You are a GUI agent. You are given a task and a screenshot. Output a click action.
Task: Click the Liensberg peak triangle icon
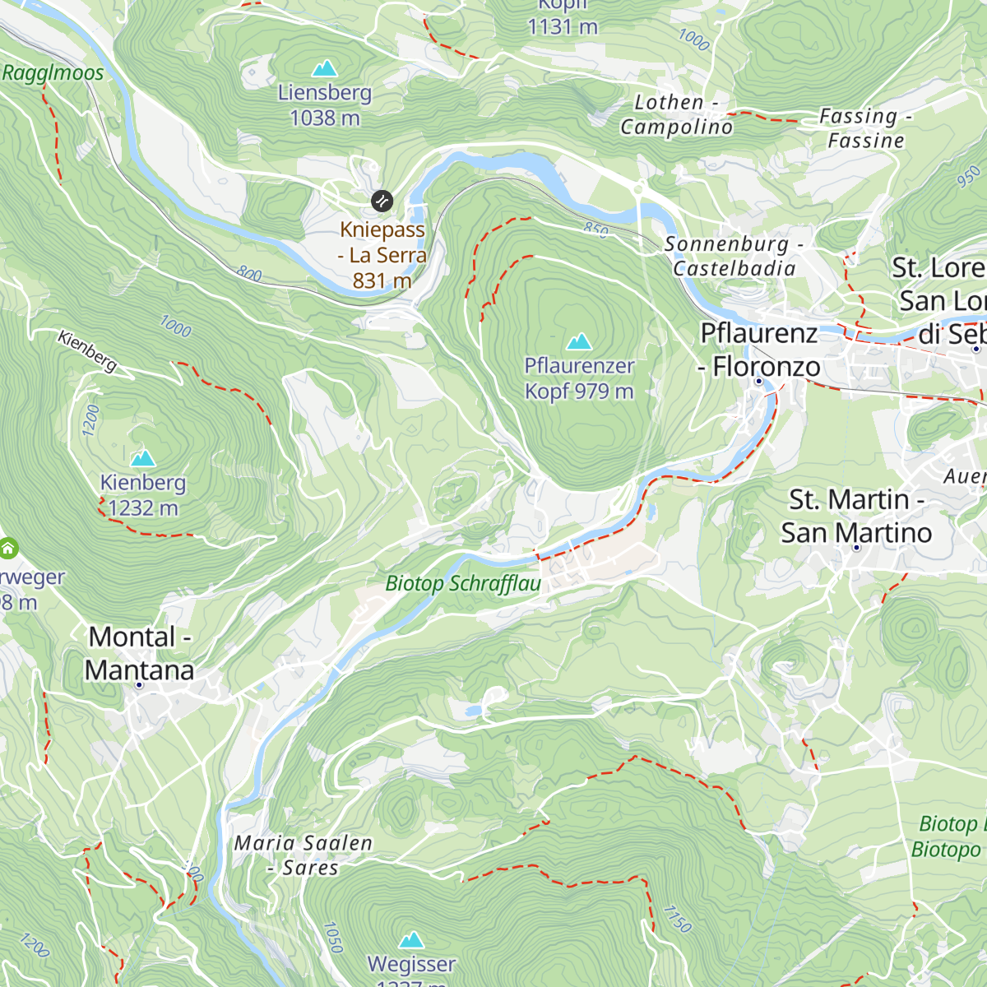coord(325,68)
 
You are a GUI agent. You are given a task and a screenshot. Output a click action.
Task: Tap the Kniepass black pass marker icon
coord(382,201)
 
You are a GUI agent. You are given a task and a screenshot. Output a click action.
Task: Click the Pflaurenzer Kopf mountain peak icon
coord(579,341)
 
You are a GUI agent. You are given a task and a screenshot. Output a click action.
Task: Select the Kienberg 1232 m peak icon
coord(143,457)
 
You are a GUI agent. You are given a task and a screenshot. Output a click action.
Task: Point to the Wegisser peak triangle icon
coord(411,939)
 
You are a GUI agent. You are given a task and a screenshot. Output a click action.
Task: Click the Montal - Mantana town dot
coord(139,684)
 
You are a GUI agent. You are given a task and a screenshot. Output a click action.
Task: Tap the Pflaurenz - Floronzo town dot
coord(758,381)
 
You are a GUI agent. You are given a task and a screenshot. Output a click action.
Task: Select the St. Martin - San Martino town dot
coord(856,547)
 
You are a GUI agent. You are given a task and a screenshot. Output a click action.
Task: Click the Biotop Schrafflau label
coord(463,584)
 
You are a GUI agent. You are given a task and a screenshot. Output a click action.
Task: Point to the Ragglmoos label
coord(53,73)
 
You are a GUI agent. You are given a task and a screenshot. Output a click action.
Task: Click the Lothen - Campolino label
coord(676,115)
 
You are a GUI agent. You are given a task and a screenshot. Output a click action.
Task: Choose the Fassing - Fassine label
coord(865,128)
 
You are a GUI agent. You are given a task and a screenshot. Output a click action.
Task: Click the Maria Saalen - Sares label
coord(303,855)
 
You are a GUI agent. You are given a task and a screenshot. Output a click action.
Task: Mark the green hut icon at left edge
coord(8,548)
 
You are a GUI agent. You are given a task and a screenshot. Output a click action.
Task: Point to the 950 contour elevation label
coord(970,176)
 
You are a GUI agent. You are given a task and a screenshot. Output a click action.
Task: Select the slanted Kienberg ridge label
coord(87,350)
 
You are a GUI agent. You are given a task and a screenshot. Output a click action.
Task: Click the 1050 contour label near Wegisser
coord(332,937)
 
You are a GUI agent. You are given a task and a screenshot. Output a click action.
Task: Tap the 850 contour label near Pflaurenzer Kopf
coord(596,229)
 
